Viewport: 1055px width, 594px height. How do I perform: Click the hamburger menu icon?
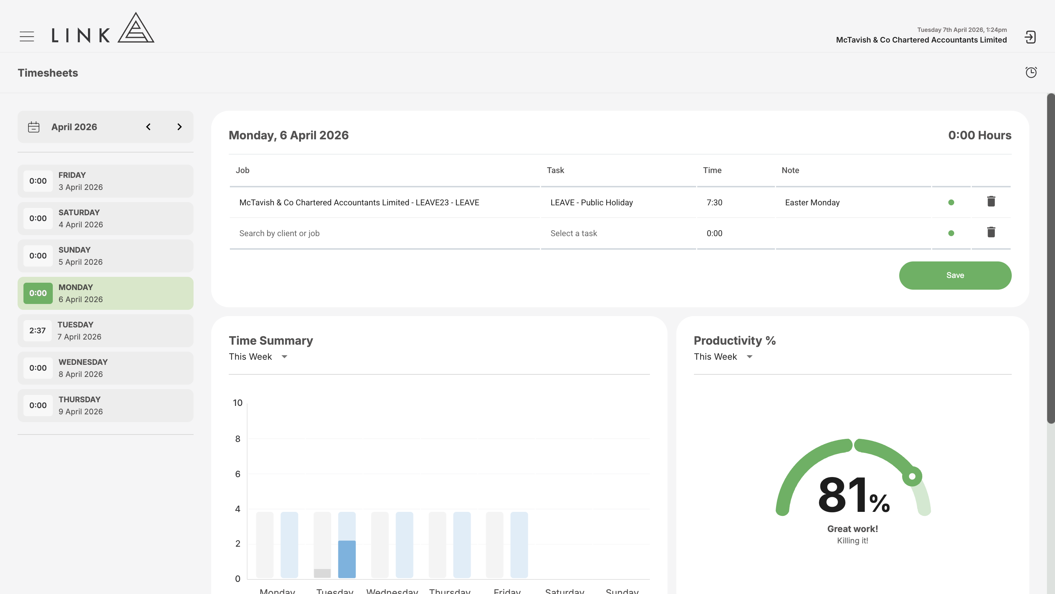27,36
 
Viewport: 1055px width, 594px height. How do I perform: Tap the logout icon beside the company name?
1030,37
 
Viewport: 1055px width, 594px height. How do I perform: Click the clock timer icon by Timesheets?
1031,72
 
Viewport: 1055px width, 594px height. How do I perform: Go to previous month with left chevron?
148,127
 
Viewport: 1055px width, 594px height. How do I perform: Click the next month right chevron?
179,127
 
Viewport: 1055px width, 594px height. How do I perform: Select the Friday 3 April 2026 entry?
105,181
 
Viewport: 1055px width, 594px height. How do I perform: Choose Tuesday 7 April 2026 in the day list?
105,331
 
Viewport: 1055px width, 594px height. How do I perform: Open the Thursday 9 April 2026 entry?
105,406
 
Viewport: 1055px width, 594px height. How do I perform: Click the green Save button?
955,275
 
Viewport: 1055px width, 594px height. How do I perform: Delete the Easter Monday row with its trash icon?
991,202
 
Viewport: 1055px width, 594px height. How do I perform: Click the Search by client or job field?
279,234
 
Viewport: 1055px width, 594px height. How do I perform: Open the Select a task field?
573,234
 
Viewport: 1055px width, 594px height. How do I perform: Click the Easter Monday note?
812,202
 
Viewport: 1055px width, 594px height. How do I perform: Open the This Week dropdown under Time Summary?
258,357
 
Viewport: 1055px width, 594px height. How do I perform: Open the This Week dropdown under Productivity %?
723,357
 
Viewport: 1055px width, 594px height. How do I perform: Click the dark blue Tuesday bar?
347,559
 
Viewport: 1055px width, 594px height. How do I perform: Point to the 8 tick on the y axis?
238,439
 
